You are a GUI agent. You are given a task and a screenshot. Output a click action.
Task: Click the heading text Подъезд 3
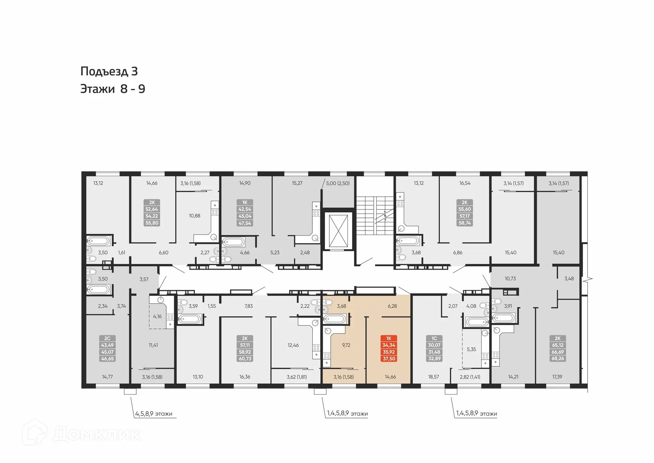[x=109, y=71]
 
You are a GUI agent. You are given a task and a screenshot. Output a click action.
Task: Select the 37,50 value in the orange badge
[x=389, y=359]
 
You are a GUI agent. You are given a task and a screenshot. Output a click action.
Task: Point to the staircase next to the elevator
[x=374, y=215]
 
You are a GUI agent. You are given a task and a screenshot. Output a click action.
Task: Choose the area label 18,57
[x=433, y=377]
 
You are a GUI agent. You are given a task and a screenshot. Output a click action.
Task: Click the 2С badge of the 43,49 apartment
[x=107, y=338]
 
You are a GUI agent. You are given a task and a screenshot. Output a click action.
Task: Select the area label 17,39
[x=557, y=377]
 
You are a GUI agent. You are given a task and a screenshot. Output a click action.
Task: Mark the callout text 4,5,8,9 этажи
[x=154, y=414]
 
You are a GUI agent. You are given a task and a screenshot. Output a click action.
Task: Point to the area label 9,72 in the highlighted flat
[x=346, y=345]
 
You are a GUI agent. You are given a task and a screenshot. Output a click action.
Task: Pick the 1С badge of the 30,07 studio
[x=434, y=338]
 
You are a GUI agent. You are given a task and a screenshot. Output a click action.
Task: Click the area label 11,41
[x=153, y=345]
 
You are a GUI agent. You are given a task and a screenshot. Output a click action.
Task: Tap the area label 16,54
[x=465, y=183]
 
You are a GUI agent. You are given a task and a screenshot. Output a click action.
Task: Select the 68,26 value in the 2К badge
[x=558, y=358]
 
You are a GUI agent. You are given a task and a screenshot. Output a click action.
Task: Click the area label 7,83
[x=248, y=306]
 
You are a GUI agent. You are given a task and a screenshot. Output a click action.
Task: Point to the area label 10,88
[x=194, y=216]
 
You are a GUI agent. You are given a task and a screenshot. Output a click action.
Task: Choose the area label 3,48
[x=569, y=278]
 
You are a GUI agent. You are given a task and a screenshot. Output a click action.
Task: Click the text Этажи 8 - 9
[x=113, y=89]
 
